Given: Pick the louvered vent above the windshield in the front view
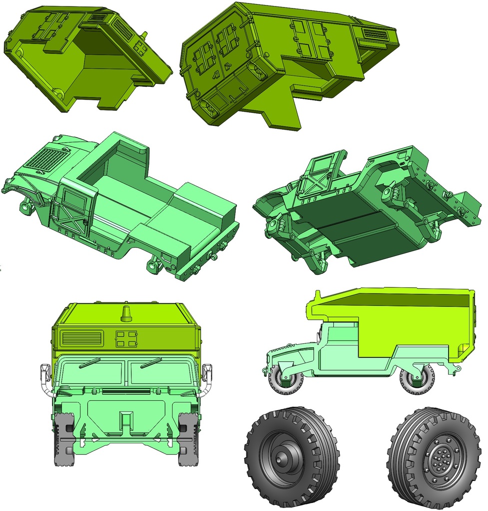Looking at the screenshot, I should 81,338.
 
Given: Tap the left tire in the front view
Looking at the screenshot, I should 64,439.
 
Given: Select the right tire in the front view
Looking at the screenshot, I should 188,439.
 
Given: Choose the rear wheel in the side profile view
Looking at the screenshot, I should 417,379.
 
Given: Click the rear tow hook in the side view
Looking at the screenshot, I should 455,369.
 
